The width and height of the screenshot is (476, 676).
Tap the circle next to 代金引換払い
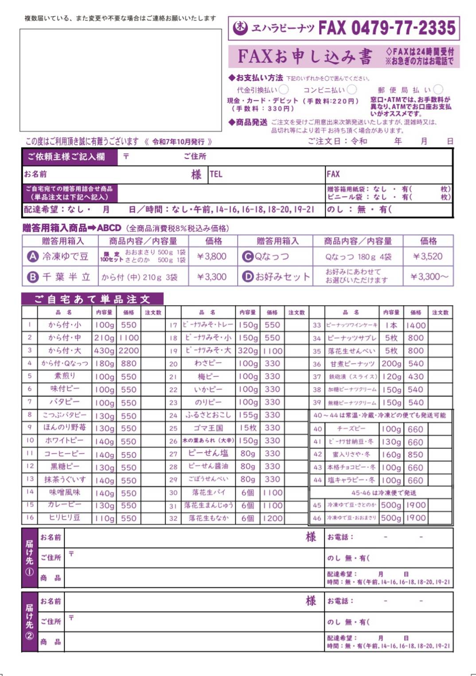point(284,90)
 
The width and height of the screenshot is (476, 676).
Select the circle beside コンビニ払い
point(352,90)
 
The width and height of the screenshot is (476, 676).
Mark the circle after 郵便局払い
point(438,90)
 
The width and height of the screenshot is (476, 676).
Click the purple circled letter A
point(32,256)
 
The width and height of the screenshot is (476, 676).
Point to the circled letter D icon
point(247,277)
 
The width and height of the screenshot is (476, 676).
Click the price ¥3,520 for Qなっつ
point(428,256)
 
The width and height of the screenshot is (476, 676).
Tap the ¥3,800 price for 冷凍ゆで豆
point(212,256)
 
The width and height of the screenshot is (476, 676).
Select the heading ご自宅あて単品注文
point(92,299)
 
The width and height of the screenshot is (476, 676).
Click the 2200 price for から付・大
point(129,350)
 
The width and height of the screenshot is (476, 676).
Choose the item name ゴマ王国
point(208,428)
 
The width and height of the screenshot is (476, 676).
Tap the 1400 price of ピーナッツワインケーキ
point(416,325)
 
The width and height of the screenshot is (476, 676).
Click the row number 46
point(316,518)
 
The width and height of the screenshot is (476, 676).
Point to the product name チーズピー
point(351,429)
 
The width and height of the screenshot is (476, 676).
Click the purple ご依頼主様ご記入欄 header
point(66,157)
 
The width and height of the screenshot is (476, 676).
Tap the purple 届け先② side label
point(29,621)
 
